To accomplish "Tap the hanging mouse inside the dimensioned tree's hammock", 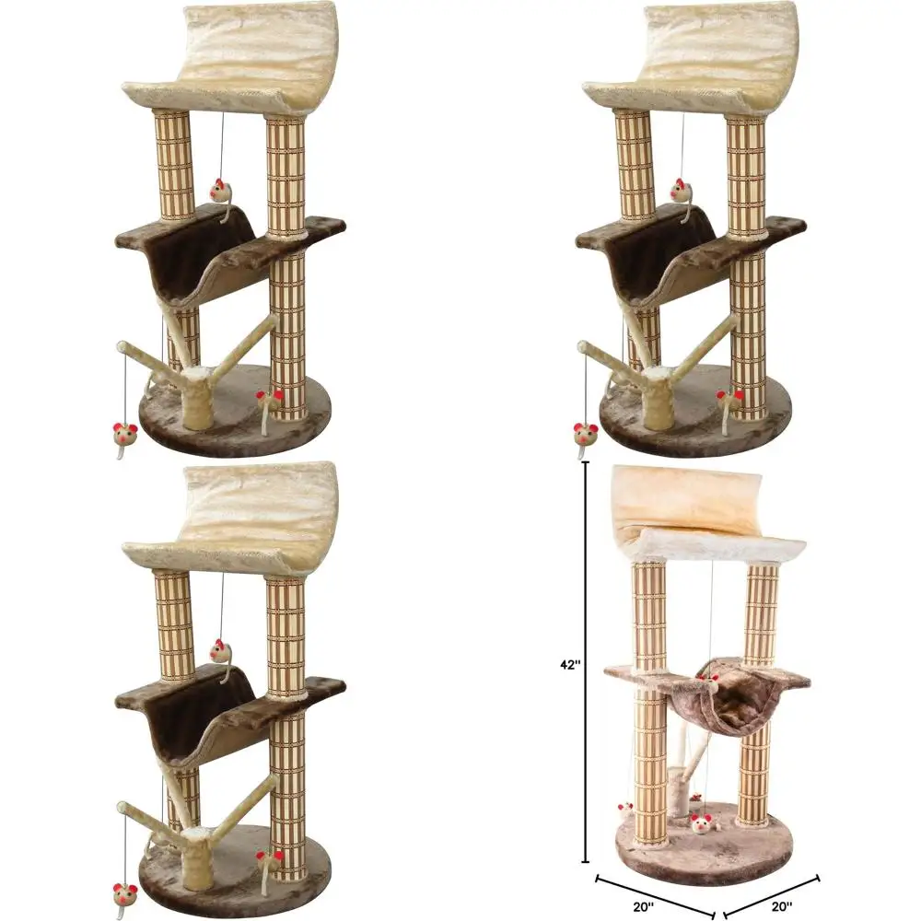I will [710, 682].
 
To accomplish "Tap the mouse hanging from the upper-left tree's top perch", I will [221, 191].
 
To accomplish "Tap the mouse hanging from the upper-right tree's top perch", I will [682, 191].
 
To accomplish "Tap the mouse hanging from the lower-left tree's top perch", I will [221, 651].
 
